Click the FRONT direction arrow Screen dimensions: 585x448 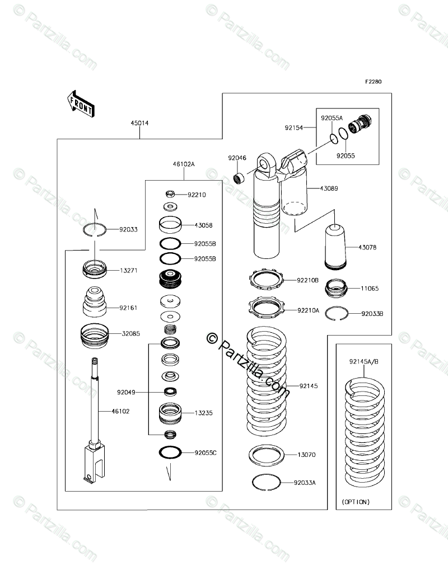(x=80, y=103)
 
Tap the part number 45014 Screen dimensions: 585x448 (x=139, y=123)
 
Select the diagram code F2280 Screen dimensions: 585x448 (x=374, y=82)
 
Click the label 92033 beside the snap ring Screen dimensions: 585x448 (x=128, y=229)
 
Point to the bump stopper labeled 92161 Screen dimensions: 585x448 (x=95, y=303)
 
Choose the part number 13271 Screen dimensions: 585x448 (x=128, y=270)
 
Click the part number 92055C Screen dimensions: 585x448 (x=206, y=452)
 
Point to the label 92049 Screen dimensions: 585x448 (x=127, y=393)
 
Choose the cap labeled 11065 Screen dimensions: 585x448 (x=336, y=289)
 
